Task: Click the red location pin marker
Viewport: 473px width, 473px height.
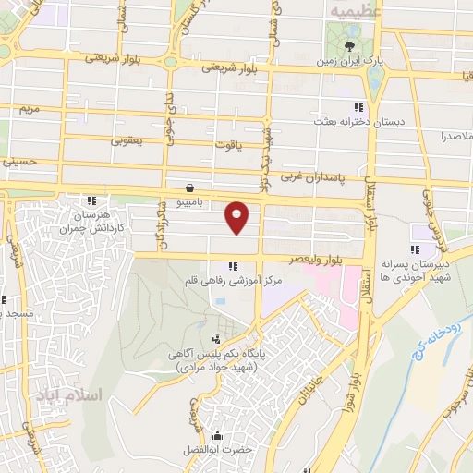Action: (x=238, y=216)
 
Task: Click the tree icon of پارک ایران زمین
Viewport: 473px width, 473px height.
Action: (x=350, y=45)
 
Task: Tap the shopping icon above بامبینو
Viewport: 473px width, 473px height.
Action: (x=189, y=184)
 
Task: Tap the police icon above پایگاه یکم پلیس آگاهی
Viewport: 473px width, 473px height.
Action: (x=214, y=339)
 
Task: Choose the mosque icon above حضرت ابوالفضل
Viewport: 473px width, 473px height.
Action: (x=218, y=436)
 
